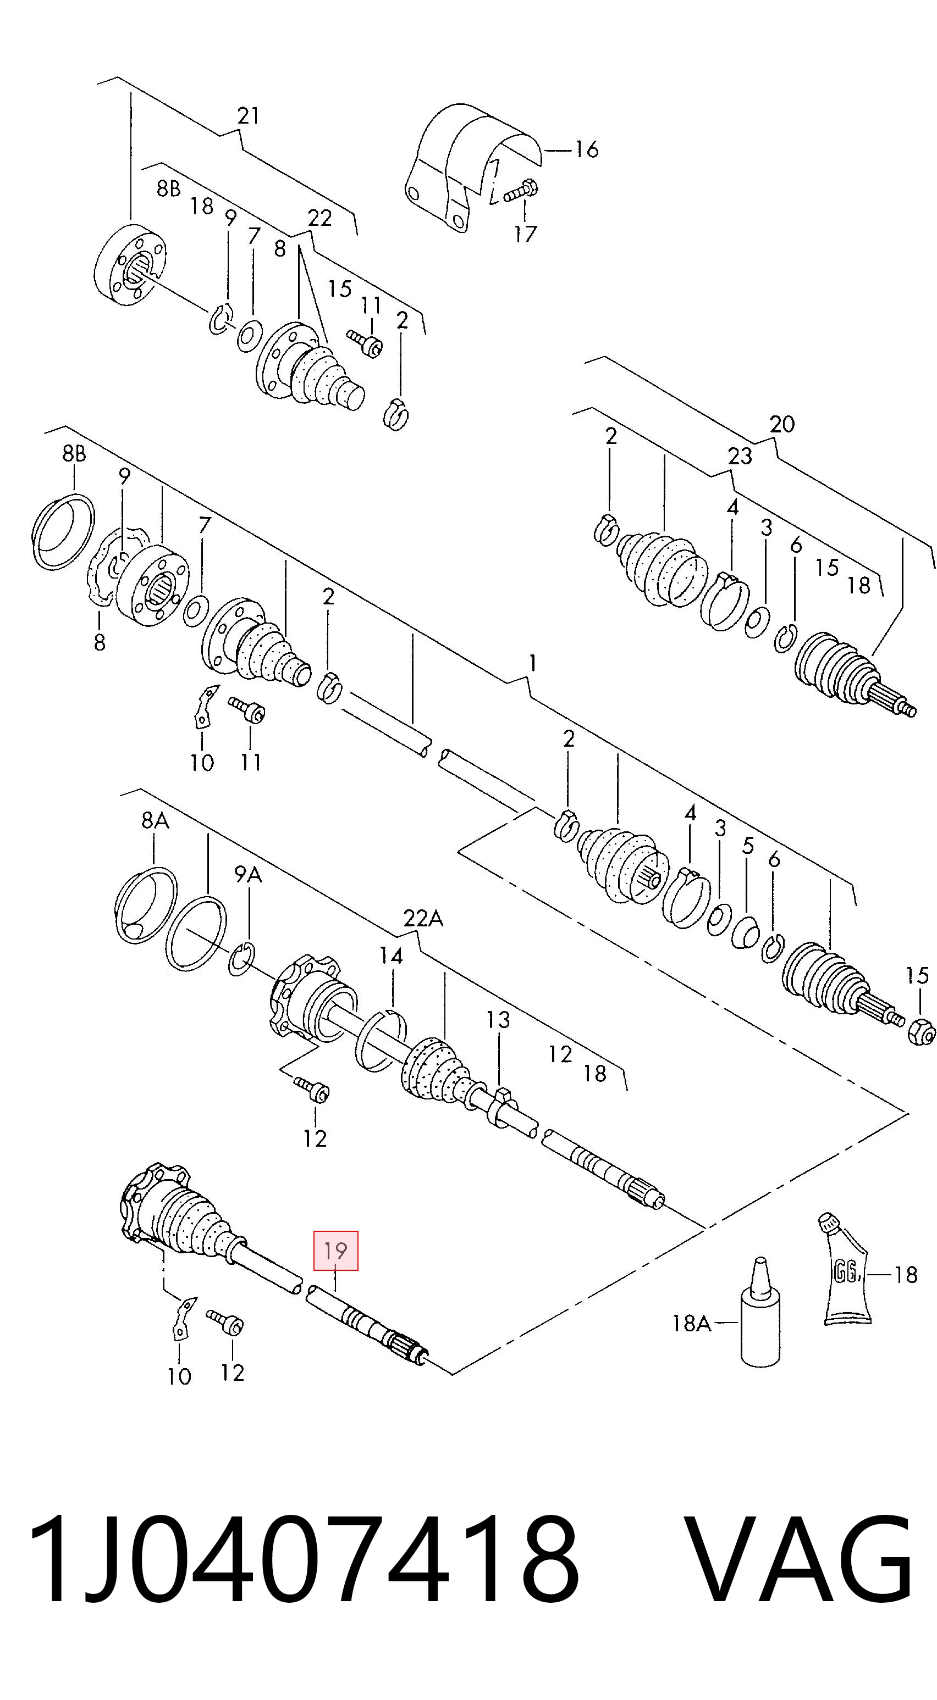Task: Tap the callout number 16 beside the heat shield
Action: tap(586, 150)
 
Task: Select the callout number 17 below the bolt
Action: tap(525, 234)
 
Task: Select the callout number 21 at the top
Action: tap(249, 115)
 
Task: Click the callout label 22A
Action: tap(423, 918)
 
